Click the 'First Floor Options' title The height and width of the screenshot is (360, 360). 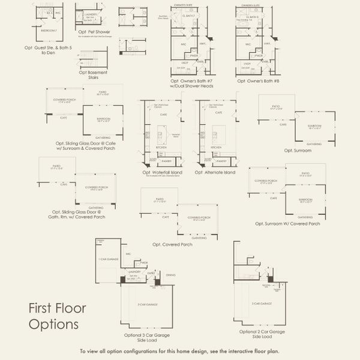58,316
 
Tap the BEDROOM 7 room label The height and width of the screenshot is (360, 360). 49,29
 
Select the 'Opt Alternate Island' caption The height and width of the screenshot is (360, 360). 215,172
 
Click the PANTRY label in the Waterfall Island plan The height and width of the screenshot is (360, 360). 170,161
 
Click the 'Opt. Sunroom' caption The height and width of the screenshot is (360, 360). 299,150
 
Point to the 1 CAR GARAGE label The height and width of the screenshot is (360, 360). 108,259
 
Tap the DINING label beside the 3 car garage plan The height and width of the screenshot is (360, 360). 170,275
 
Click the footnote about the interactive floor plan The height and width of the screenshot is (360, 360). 179,352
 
